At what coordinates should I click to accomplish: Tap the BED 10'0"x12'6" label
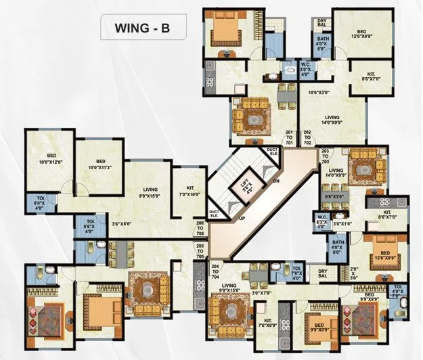click(x=50, y=161)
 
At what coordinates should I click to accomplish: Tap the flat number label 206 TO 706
click(x=200, y=228)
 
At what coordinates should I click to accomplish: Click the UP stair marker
click(x=240, y=219)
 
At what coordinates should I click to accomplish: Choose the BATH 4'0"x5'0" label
click(x=323, y=43)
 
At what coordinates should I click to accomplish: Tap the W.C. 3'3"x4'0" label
click(x=321, y=222)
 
